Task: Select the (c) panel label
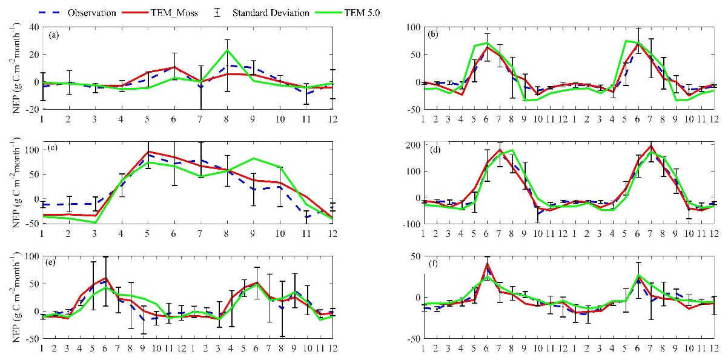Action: click(x=54, y=150)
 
